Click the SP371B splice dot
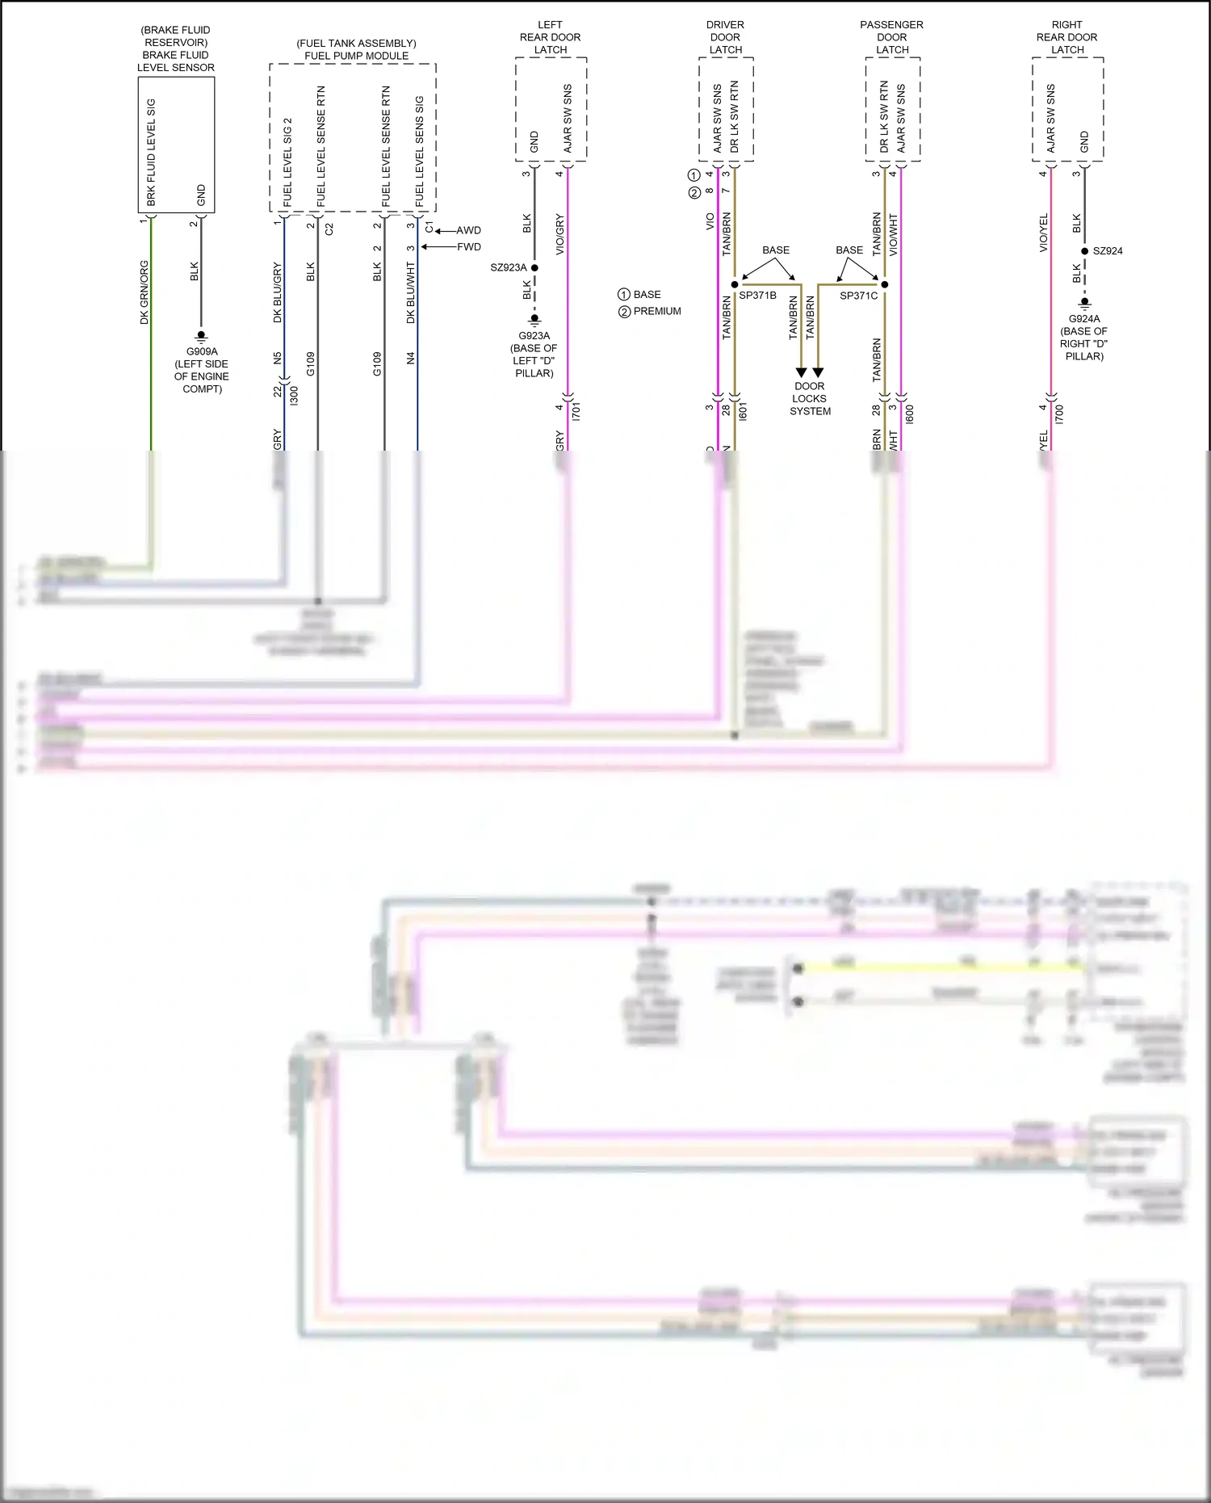pyautogui.click(x=735, y=284)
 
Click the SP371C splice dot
pyautogui.click(x=885, y=284)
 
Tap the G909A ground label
pyautogui.click(x=202, y=351)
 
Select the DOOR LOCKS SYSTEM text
pyautogui.click(x=810, y=399)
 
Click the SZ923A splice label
pyautogui.click(x=509, y=267)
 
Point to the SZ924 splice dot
pyautogui.click(x=1084, y=251)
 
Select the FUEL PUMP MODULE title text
pyautogui.click(x=356, y=56)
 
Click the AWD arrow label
pyautogui.click(x=468, y=231)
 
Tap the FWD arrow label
pyautogui.click(x=468, y=247)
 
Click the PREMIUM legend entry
pyautogui.click(x=656, y=312)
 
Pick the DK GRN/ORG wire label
pyautogui.click(x=145, y=292)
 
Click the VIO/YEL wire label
pyautogui.click(x=1044, y=233)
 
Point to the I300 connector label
pyautogui.click(x=295, y=396)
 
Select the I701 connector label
pyautogui.click(x=576, y=411)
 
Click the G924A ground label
pyautogui.click(x=1084, y=319)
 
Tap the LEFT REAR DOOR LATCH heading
pyautogui.click(x=551, y=37)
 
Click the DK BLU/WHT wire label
pyautogui.click(x=411, y=292)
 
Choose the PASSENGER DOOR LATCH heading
pyautogui.click(x=892, y=37)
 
